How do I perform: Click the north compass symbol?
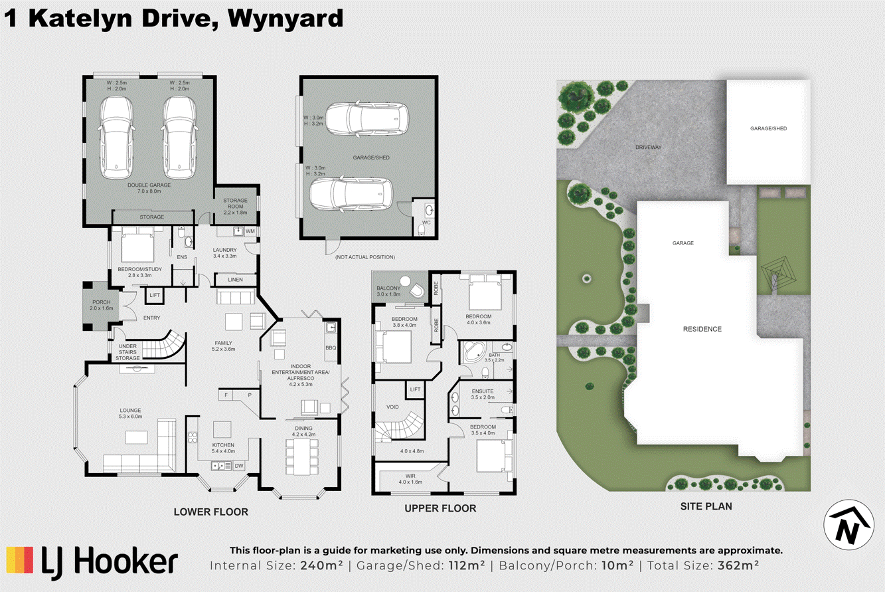point(848,523)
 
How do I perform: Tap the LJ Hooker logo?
point(92,561)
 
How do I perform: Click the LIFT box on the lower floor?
point(155,294)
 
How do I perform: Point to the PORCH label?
point(101,302)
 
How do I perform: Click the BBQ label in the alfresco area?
point(331,347)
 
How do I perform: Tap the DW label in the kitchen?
point(238,466)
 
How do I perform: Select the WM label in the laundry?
point(250,231)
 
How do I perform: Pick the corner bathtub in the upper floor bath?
point(473,350)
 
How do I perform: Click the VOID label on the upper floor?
point(393,407)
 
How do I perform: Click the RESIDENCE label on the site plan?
point(702,329)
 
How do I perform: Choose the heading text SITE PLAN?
point(706,506)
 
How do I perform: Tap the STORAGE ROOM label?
point(235,204)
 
